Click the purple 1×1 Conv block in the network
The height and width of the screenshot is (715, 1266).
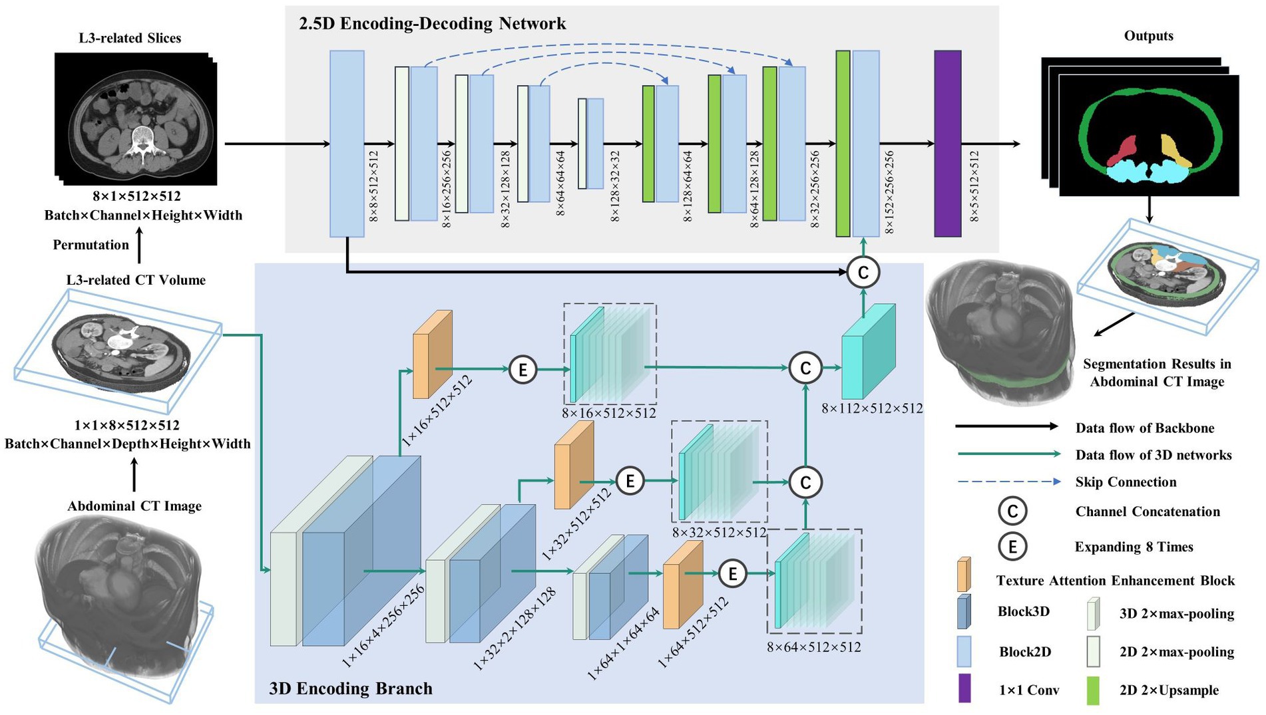point(947,143)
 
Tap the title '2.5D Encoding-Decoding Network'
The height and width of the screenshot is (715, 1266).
point(432,24)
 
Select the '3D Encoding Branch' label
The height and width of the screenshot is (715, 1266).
point(351,688)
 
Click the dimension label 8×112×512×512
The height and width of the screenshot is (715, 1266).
point(872,408)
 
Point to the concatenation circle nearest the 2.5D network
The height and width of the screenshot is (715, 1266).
point(863,272)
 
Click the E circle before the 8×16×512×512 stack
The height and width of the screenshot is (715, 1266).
point(523,369)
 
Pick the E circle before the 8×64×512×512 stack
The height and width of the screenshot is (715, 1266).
point(732,573)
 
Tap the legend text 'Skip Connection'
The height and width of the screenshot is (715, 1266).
point(1126,482)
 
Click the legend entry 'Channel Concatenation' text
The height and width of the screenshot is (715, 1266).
point(1148,511)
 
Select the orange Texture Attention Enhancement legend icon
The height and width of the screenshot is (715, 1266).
point(963,575)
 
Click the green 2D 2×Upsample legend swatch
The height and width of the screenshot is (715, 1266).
point(1092,690)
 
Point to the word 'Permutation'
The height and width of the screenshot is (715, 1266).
point(91,245)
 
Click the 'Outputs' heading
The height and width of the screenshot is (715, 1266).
point(1148,36)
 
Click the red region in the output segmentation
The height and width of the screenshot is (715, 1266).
point(1124,150)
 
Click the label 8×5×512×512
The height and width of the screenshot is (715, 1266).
point(974,186)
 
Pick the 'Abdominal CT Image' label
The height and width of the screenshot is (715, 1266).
point(134,506)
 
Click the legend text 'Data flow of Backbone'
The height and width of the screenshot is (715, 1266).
point(1144,428)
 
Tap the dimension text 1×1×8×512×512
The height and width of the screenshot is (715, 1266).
point(126,425)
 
